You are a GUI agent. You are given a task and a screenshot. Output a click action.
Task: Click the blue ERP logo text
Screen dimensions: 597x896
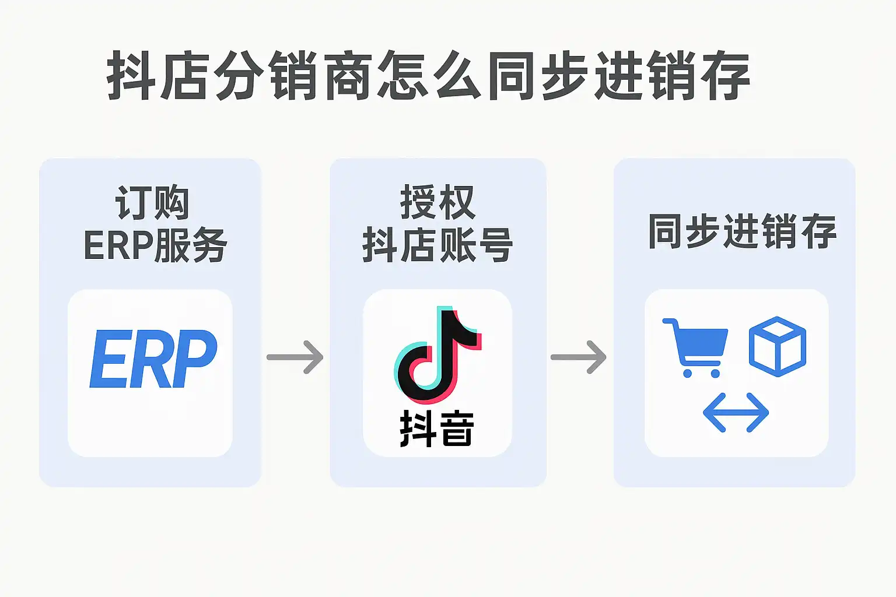tap(153, 359)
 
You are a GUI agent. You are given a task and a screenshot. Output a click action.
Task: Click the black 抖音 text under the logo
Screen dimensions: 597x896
tap(437, 429)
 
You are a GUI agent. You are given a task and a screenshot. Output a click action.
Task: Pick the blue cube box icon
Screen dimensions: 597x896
tap(777, 346)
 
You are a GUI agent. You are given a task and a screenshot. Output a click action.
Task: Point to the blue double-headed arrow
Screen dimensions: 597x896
tap(736, 413)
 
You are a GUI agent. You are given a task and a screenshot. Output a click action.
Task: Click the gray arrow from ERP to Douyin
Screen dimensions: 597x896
tap(295, 357)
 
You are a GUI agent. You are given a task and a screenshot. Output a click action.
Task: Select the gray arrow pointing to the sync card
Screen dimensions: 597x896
tap(579, 357)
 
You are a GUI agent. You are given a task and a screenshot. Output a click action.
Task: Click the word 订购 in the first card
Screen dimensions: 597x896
tap(152, 203)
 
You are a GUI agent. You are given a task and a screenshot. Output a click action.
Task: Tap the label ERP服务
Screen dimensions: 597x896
tap(155, 245)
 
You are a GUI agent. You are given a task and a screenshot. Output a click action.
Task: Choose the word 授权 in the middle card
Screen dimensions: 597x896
tap(437, 202)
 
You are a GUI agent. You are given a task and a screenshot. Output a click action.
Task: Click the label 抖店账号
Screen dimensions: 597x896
tap(437, 245)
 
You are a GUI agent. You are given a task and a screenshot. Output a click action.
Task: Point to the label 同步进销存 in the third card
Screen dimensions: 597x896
tap(742, 232)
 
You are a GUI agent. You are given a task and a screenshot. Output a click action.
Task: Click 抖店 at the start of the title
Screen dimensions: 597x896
tap(158, 76)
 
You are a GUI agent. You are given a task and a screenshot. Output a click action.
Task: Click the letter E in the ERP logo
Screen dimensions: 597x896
tap(109, 359)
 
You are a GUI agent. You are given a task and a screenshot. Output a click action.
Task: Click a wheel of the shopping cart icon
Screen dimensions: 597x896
tap(688, 373)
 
